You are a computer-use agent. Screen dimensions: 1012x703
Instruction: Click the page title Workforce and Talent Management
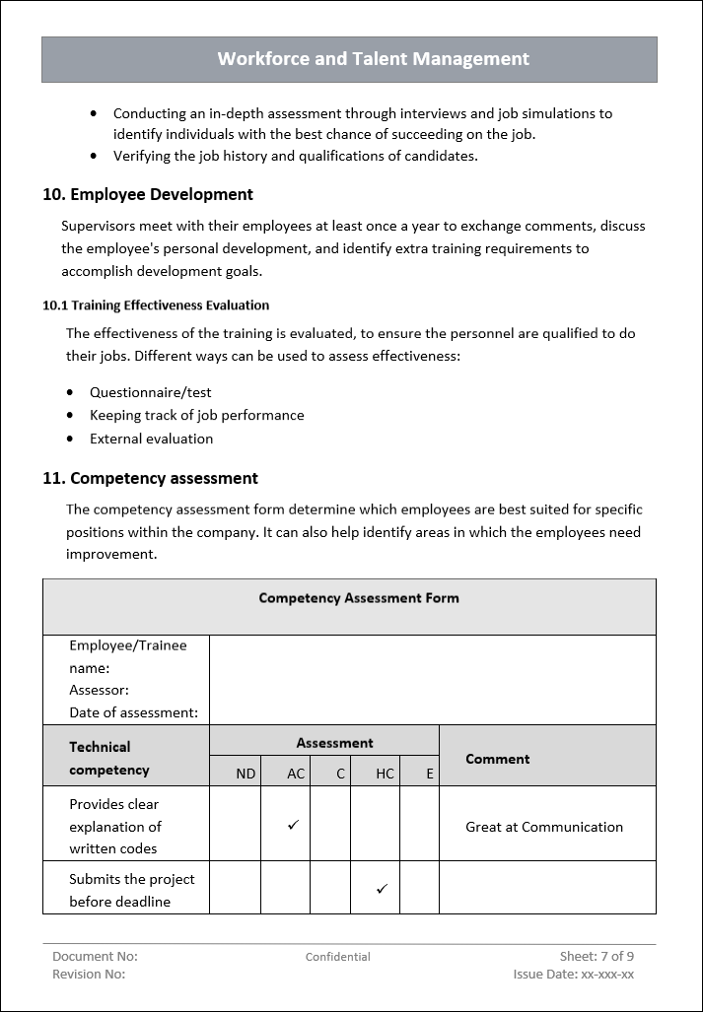tap(373, 59)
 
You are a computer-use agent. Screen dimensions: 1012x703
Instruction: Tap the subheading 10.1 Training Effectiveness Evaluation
tap(156, 305)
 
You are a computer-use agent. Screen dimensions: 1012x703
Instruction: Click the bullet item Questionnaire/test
tap(150, 392)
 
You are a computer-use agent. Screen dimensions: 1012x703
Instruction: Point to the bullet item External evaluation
tap(151, 439)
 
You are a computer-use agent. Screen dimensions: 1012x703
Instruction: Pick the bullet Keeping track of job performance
tap(196, 415)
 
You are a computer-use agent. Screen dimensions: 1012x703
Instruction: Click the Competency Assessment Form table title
tap(358, 598)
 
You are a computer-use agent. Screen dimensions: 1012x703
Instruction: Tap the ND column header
tap(246, 774)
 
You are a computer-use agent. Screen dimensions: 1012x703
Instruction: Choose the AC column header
tap(296, 774)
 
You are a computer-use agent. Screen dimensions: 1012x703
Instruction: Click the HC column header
tap(385, 774)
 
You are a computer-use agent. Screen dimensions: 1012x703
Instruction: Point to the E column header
tap(430, 774)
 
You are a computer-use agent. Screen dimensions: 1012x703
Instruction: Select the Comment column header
tap(497, 759)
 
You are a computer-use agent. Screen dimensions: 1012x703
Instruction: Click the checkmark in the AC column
tap(293, 826)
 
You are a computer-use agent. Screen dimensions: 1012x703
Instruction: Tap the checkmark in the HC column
tap(382, 889)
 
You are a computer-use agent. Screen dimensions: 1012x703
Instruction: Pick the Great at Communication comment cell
tap(543, 827)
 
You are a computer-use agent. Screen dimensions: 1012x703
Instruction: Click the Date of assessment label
tap(133, 712)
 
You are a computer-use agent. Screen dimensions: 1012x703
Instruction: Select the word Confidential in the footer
tap(337, 957)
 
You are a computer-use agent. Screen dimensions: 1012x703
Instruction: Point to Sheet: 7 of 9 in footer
tap(597, 956)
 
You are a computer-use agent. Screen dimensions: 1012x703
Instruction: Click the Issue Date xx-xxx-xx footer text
tap(573, 975)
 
